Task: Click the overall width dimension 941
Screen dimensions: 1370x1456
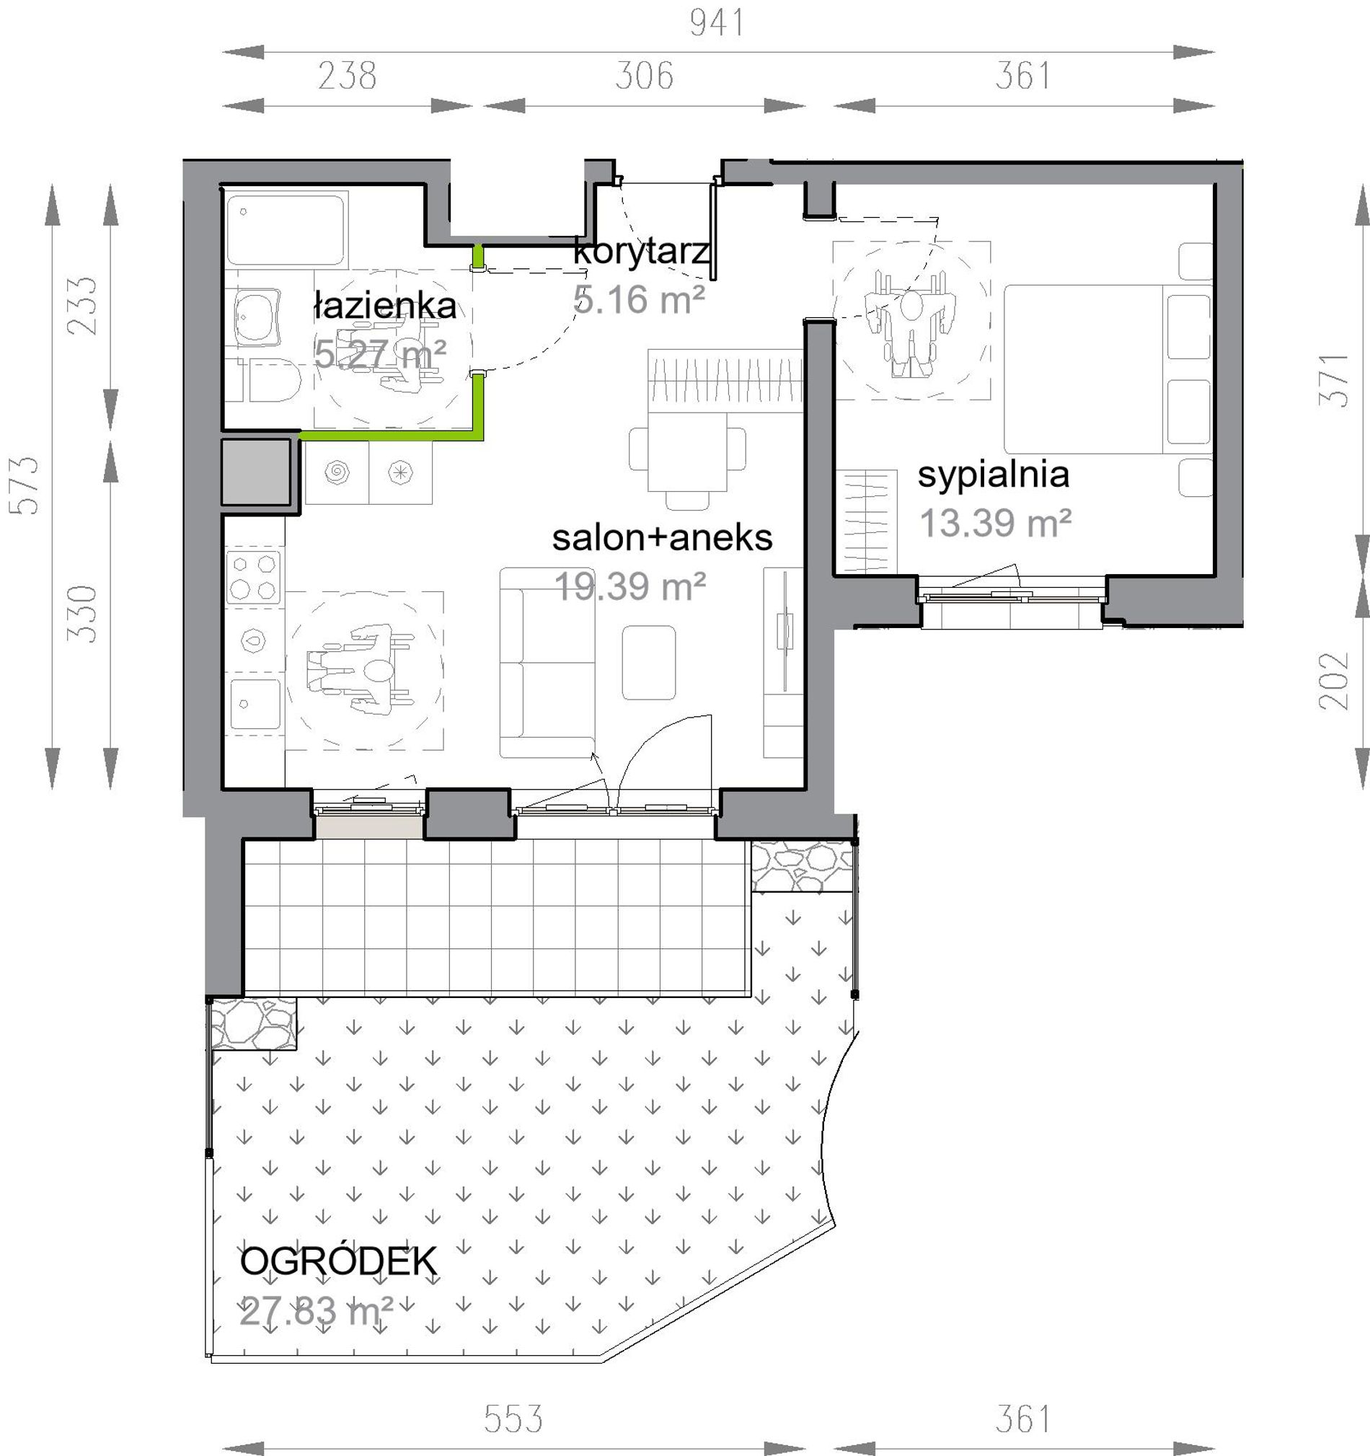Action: click(x=717, y=22)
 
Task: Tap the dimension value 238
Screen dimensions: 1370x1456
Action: click(x=347, y=76)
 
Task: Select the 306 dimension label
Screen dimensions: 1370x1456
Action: click(x=644, y=76)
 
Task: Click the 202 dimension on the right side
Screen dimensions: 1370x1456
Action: click(x=1333, y=680)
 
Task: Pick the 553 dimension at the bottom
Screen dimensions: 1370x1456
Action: click(x=513, y=1419)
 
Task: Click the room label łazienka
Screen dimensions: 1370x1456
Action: click(x=384, y=306)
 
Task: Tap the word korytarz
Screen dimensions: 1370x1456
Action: click(x=642, y=252)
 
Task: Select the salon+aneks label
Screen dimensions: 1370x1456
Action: click(x=662, y=537)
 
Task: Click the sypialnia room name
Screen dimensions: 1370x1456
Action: click(x=993, y=475)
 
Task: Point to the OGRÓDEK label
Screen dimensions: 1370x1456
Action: click(x=338, y=1261)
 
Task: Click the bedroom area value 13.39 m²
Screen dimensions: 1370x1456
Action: click(x=995, y=524)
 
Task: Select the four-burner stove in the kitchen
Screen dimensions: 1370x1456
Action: click(x=253, y=577)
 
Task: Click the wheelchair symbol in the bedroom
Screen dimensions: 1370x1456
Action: click(x=911, y=321)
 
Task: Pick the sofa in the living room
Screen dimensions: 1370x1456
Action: click(x=547, y=662)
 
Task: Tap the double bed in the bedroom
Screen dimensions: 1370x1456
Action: click(x=1107, y=370)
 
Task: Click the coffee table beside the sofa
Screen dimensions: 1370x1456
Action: click(x=649, y=662)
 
